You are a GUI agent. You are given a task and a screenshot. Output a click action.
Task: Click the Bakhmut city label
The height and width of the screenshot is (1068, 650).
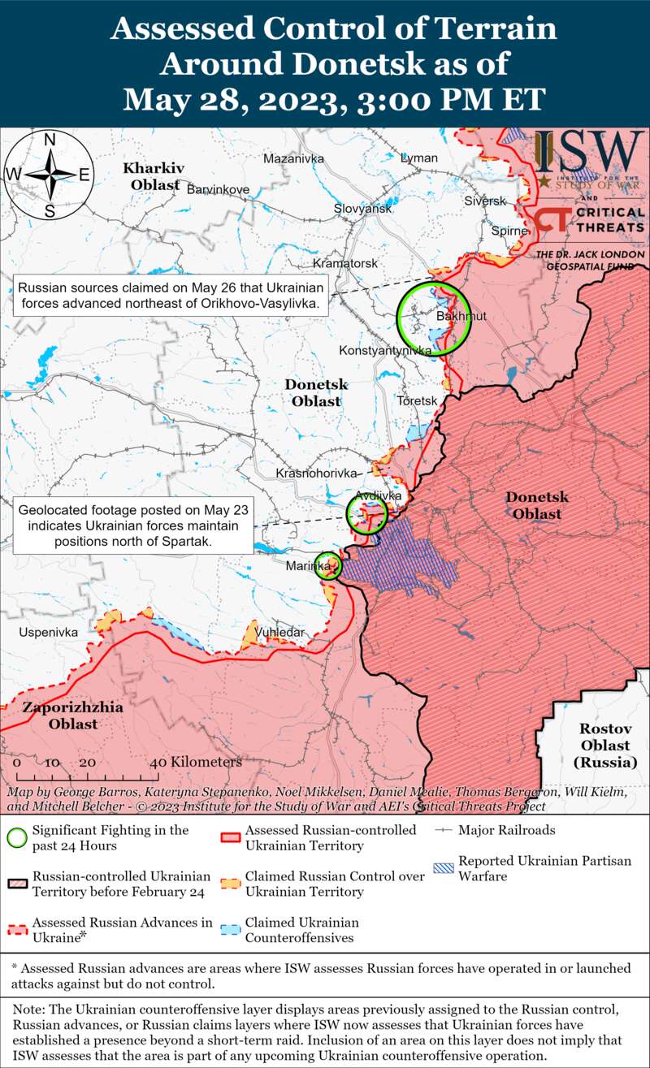(x=461, y=316)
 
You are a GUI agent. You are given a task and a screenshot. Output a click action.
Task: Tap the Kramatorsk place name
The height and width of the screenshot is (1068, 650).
(x=345, y=264)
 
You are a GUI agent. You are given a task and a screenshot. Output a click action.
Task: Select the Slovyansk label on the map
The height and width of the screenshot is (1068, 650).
(x=363, y=209)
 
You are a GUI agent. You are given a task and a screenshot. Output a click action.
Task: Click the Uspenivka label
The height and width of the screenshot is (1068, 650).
(x=49, y=631)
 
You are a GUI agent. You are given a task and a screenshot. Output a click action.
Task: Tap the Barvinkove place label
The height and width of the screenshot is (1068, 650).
(x=218, y=189)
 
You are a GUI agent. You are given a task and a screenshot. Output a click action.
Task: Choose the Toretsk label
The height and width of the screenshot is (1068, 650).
(x=418, y=401)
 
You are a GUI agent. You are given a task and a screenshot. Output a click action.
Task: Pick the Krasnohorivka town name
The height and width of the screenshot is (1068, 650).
(x=317, y=473)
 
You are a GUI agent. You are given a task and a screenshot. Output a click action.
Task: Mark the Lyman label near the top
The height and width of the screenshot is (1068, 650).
(x=419, y=158)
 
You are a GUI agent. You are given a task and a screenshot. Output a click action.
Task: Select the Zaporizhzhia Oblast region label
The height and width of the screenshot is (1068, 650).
(x=73, y=716)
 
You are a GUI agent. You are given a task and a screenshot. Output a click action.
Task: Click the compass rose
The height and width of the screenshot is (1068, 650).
(x=50, y=174)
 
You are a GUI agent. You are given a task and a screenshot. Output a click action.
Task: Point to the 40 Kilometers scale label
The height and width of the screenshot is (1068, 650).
(x=196, y=763)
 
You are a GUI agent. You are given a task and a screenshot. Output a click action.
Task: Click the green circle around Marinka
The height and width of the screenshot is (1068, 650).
(x=327, y=565)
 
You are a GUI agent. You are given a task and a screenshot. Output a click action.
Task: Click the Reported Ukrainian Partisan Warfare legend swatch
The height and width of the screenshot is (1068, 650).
(x=444, y=867)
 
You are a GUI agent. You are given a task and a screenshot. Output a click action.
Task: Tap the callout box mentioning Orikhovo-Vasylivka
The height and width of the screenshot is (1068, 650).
(x=171, y=296)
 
